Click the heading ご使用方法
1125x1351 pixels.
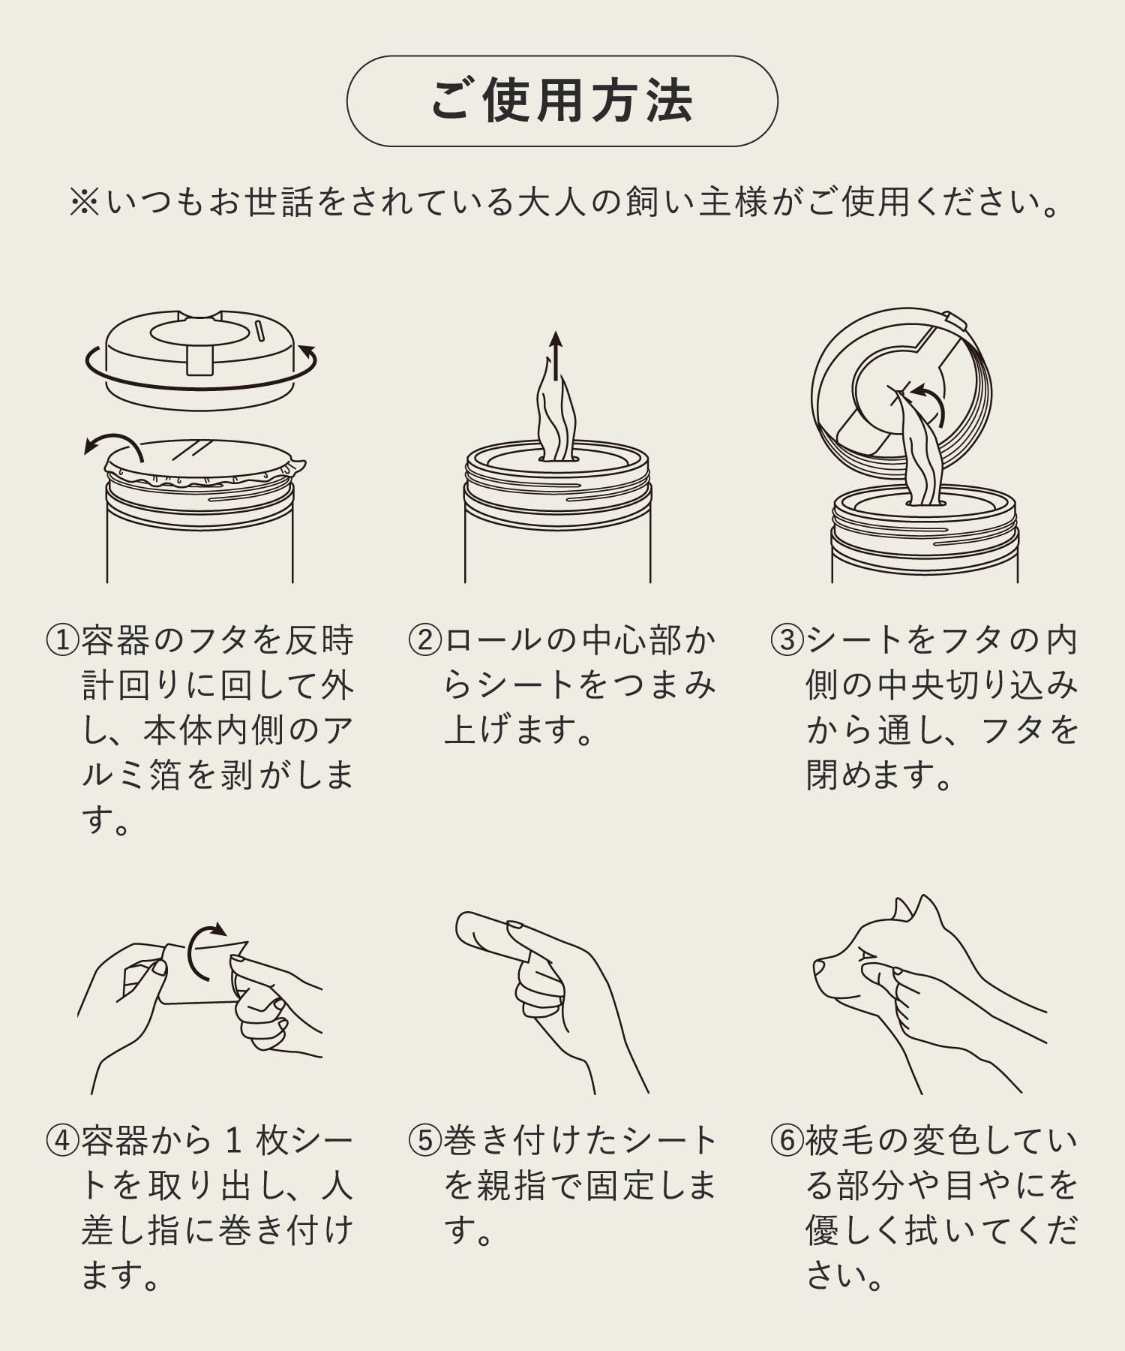[562, 101]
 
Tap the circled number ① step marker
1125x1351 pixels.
[63, 641]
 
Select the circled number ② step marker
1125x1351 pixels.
[425, 641]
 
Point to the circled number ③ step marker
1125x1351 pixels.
[787, 641]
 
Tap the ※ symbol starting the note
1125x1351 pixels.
[84, 203]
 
